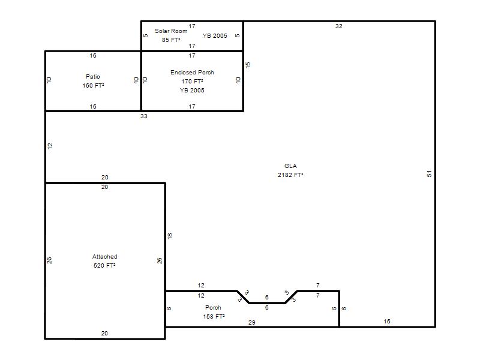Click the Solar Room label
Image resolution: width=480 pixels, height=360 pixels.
point(171,31)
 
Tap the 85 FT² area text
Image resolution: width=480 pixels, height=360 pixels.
point(171,40)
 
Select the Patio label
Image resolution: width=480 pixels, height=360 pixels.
point(93,77)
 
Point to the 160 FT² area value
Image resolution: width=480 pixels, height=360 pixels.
point(93,85)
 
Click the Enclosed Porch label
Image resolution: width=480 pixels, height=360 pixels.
point(192,72)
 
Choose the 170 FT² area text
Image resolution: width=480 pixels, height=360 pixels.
point(192,81)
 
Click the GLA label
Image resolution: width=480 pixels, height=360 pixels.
point(290,166)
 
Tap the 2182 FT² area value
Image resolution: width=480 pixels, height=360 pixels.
point(290,175)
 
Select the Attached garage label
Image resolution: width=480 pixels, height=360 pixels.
point(104,257)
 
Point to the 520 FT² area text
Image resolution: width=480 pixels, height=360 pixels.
point(104,265)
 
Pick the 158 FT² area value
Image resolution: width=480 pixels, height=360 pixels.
point(214,317)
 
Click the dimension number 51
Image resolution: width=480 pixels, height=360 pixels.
point(429,173)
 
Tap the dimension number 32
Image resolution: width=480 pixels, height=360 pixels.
point(338,26)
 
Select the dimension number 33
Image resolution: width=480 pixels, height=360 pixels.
point(144,116)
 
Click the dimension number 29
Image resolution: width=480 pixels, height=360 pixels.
point(251,322)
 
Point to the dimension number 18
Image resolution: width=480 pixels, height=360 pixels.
point(170,236)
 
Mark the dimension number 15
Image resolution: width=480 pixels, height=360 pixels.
point(248,65)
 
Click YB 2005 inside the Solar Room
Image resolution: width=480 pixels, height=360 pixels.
point(215,35)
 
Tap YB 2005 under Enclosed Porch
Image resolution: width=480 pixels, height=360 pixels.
point(192,91)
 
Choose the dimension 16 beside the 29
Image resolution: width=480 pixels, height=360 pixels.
point(387,322)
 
